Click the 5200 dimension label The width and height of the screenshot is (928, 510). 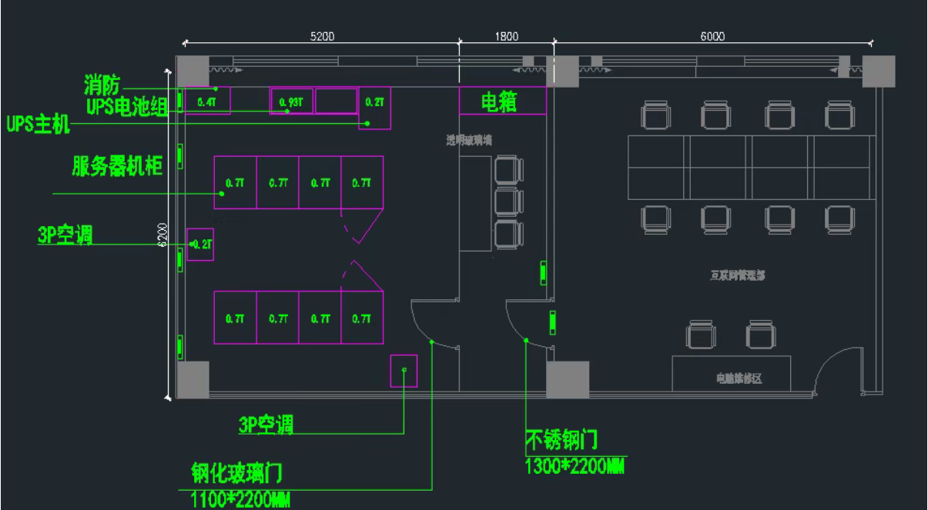click(322, 36)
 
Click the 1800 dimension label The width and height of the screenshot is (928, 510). click(506, 36)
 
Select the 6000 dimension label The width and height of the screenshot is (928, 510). click(712, 36)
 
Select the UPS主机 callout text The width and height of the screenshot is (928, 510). click(38, 124)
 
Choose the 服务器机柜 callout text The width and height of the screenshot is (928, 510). click(117, 166)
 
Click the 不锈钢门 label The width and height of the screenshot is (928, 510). click(561, 440)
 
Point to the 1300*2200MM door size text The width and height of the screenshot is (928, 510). click(574, 465)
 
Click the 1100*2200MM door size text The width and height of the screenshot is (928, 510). click(240, 499)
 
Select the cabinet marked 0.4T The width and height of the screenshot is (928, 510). click(206, 101)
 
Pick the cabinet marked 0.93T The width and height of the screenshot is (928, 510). click(291, 101)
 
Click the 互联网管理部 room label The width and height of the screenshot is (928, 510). click(737, 275)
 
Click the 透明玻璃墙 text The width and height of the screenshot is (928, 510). click(469, 140)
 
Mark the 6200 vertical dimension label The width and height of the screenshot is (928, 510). click(162, 235)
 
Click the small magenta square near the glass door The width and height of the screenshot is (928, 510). click(404, 370)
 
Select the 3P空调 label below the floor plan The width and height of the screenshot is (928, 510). click(266, 425)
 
